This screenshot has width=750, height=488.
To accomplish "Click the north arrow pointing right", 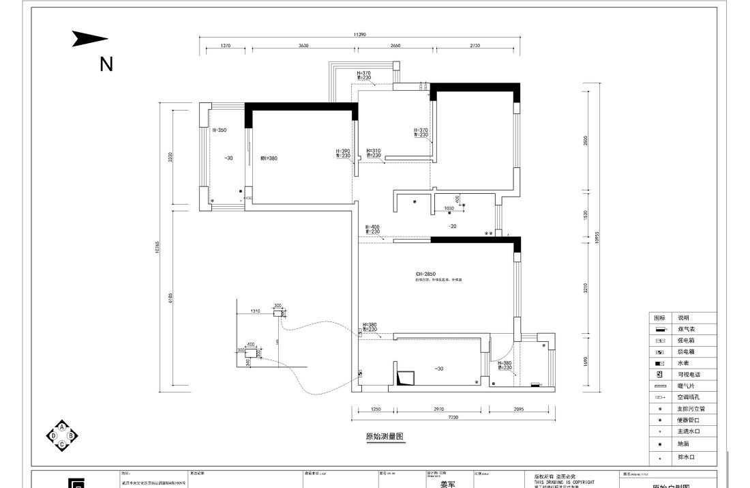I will coord(90,40).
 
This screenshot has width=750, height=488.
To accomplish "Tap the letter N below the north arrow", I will coord(106,64).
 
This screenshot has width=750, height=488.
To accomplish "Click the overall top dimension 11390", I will coord(360,34).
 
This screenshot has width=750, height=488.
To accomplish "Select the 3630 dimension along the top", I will coord(303,46).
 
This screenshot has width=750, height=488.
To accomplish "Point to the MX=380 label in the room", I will coord(269,158).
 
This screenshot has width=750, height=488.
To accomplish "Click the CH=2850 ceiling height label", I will coord(425,274).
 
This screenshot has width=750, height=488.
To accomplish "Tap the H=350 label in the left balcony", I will coord(219,129).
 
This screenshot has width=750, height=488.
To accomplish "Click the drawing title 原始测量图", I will coord(385,437).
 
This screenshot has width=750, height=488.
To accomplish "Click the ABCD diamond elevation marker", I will coord(62,435).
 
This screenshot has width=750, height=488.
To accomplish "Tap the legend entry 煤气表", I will coord(685,329).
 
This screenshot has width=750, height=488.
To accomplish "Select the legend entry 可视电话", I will coord(689,375).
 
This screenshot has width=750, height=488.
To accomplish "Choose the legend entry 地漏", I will coord(683,444).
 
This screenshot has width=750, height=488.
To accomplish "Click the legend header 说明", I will coord(683,318).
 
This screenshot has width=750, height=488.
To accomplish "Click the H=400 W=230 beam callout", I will coord(372,229).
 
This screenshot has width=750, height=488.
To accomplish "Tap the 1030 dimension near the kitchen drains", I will coord(449,208).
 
